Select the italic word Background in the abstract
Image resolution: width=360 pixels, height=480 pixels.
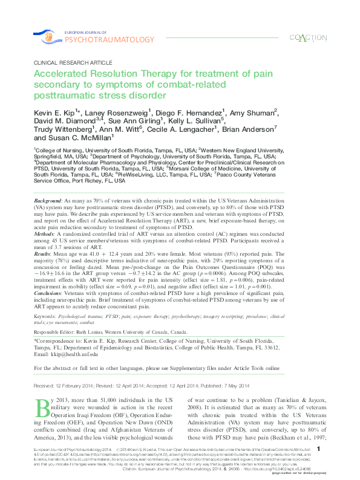47,182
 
